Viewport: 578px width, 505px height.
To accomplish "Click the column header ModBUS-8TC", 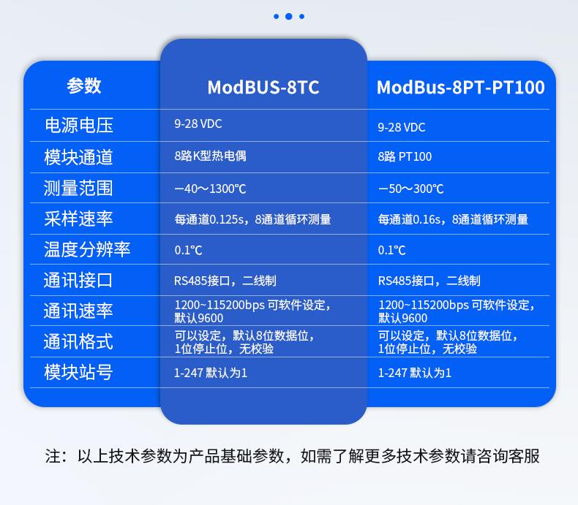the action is click(x=263, y=87).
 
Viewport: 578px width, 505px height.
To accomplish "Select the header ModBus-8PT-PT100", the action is click(x=460, y=87).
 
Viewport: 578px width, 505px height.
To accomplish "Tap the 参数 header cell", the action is click(x=83, y=86).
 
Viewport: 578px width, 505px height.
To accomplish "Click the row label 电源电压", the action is click(x=78, y=125).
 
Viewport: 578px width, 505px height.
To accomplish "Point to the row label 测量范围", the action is click(x=78, y=188).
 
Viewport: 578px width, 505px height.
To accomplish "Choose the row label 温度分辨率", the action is click(x=87, y=249).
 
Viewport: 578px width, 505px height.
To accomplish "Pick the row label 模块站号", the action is click(x=78, y=372).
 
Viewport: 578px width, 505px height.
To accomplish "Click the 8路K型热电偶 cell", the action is click(x=210, y=156).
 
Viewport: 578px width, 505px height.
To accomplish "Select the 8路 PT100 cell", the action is click(x=405, y=156).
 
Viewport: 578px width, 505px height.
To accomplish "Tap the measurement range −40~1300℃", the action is click(x=210, y=189).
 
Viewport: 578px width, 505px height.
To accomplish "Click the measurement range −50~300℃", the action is click(x=410, y=189).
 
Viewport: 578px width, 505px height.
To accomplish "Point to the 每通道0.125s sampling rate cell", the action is click(x=252, y=219).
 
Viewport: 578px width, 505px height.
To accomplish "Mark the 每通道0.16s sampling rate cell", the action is click(x=453, y=219).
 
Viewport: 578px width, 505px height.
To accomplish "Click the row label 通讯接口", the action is click(x=78, y=280).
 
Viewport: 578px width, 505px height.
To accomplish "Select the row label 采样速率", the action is click(x=78, y=219).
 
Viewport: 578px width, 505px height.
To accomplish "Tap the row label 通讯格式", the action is click(x=78, y=341).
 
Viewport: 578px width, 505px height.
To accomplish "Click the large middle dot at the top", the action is click(x=289, y=16).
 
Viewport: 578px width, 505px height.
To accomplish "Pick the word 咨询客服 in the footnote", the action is click(x=508, y=456).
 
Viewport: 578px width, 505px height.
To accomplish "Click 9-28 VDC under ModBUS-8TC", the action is click(x=198, y=124).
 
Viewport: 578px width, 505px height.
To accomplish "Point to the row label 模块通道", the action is click(x=78, y=157).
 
